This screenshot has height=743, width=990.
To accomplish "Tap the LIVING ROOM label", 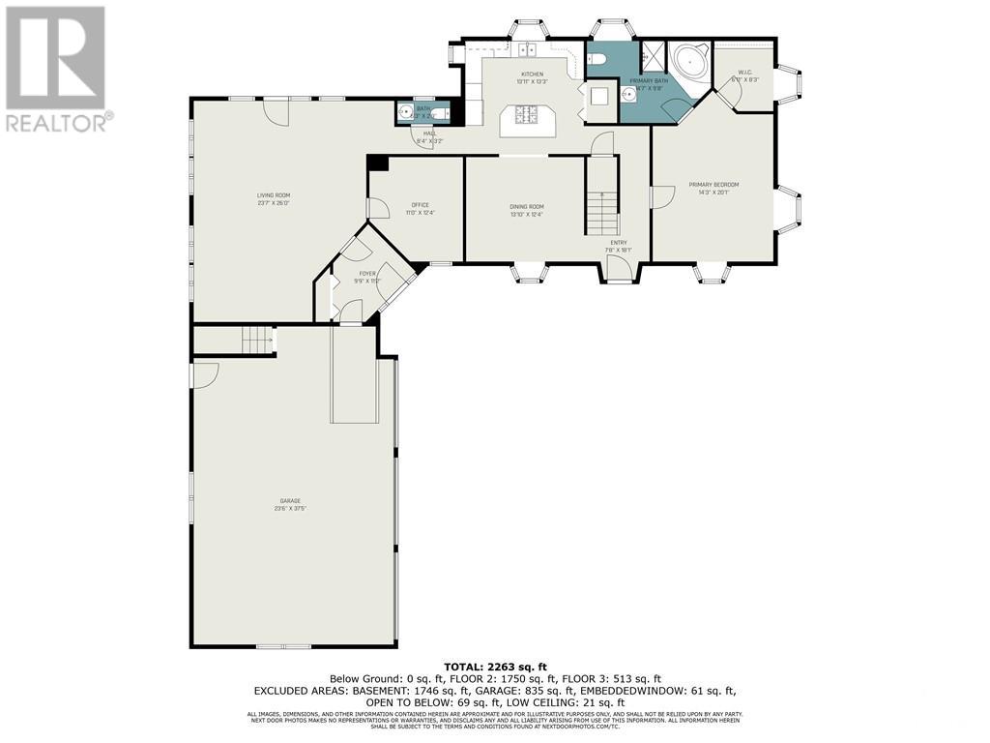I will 274,199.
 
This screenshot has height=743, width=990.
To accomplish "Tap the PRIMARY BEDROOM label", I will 713,188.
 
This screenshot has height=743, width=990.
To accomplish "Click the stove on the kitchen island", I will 528,119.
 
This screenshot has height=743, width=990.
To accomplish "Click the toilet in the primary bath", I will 597,59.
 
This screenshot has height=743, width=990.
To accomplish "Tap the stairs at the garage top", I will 255,341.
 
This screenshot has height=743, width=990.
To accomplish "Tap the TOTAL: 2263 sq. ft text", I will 494,667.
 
